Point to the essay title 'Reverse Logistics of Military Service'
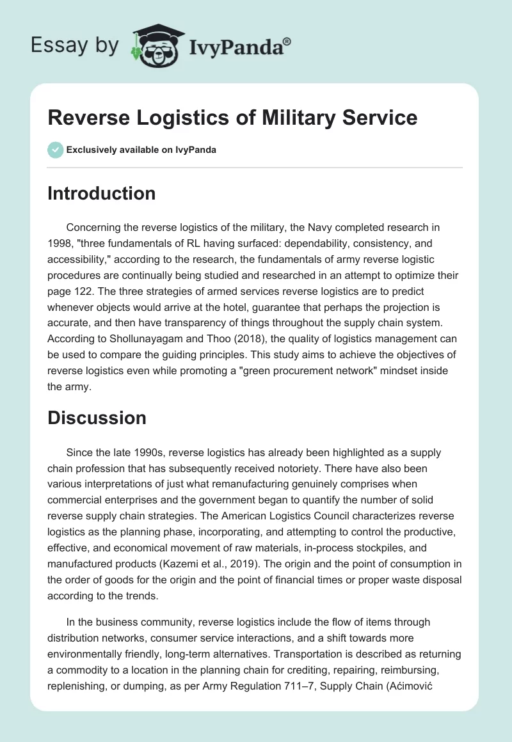(232, 118)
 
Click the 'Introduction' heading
(101, 193)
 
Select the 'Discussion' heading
(97, 418)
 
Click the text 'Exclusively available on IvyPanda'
(142, 150)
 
